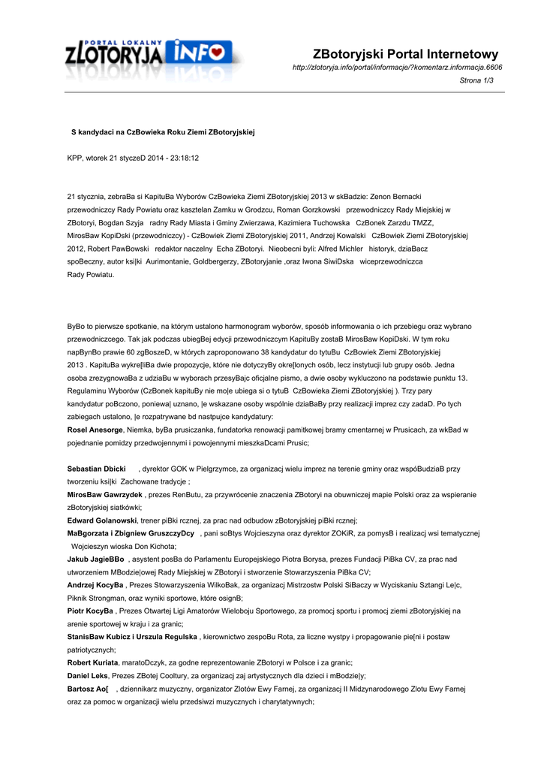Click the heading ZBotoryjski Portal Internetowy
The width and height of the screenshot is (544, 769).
(x=406, y=54)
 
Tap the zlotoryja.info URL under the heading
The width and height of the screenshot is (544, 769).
(x=397, y=68)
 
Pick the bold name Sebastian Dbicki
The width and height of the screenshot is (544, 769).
(x=96, y=469)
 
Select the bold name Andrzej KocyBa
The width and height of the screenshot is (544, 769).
(x=95, y=586)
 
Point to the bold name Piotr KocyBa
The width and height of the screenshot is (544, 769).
(x=90, y=611)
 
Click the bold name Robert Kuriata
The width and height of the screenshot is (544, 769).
(x=93, y=663)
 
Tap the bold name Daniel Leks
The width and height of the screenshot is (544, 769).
(x=88, y=676)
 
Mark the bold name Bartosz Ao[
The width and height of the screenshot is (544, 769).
(x=88, y=689)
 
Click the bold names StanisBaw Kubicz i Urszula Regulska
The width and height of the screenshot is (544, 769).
(x=132, y=638)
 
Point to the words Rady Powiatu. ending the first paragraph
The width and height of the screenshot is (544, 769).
(x=91, y=275)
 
